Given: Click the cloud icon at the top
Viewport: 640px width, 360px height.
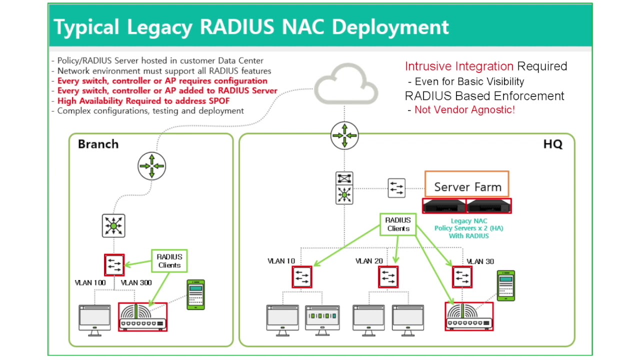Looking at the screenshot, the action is pos(346,84).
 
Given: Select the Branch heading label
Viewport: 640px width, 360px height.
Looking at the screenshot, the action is pos(98,144).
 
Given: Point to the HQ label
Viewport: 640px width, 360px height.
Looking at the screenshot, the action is pos(552,144).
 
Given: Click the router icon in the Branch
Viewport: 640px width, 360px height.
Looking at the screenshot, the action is pos(151,166).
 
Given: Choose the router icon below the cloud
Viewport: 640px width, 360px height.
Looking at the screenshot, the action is pos(344,135).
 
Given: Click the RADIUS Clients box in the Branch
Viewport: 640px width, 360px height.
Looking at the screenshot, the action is pos(169,261).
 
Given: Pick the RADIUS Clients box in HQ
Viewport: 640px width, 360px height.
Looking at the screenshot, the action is pos(398,224).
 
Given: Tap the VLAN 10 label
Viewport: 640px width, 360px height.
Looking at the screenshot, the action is pos(281,261).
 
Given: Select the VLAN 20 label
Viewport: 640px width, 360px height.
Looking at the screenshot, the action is pos(369,261).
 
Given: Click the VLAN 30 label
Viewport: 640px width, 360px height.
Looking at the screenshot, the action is pos(480,261).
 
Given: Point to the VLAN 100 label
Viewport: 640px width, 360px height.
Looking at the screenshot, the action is pos(90,283).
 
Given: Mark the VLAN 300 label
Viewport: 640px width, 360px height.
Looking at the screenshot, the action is pos(136,283).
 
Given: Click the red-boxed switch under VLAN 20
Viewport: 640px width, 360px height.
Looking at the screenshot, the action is pos(388,277).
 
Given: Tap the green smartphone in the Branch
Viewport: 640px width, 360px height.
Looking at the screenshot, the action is pos(195,295).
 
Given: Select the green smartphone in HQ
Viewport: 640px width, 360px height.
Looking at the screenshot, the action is pos(506,285).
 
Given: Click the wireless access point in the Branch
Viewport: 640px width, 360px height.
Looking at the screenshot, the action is pos(143,317).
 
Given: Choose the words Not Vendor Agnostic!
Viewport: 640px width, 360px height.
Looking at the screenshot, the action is pos(464,109).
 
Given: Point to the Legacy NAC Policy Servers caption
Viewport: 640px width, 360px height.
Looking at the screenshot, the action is pos(469,228).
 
